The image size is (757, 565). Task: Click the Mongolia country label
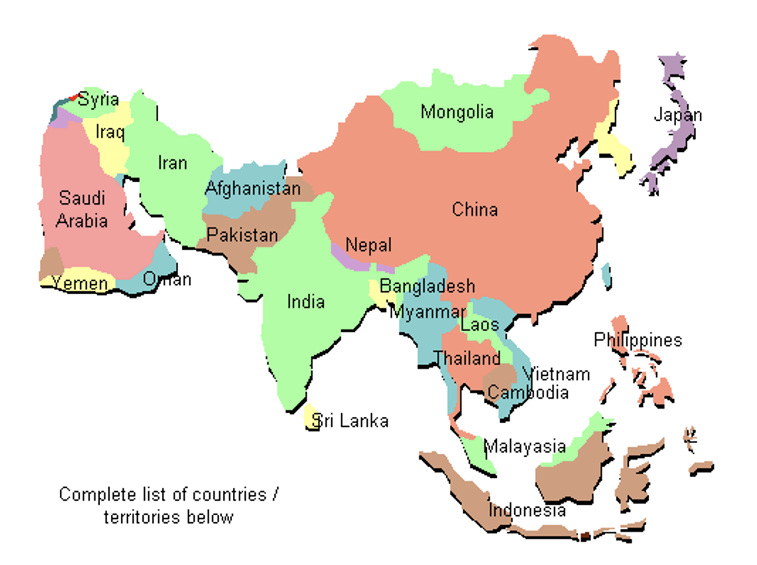click(457, 113)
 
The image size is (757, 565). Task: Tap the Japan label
click(677, 115)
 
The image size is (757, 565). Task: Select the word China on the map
click(474, 210)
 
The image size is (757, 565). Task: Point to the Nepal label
click(369, 245)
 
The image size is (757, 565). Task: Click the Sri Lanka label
click(350, 421)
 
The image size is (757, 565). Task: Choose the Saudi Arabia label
click(82, 210)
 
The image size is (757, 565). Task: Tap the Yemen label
click(80, 284)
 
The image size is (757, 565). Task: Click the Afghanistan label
click(253, 188)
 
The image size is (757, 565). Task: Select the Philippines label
click(637, 340)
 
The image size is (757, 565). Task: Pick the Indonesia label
click(527, 511)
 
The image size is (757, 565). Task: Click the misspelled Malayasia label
click(525, 446)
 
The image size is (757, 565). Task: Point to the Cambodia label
click(527, 393)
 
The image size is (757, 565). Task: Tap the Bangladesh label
click(427, 286)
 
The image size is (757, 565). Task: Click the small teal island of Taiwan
click(606, 274)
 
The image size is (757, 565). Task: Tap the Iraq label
click(110, 132)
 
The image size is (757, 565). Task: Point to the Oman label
click(167, 279)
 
